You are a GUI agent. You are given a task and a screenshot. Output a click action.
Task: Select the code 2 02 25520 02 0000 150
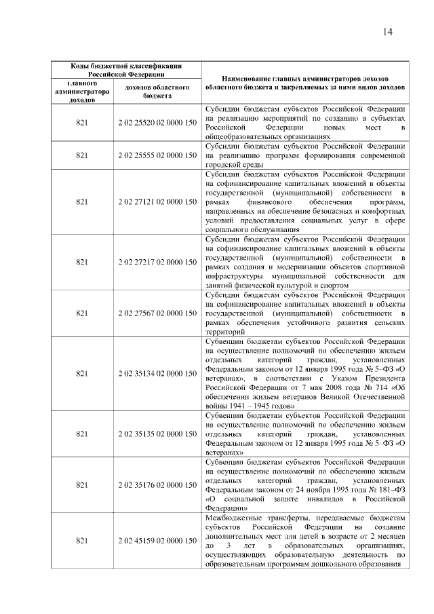(x=157, y=123)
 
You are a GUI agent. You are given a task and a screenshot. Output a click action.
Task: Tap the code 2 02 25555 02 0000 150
(x=157, y=155)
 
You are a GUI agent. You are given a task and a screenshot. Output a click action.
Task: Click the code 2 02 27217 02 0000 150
(x=157, y=262)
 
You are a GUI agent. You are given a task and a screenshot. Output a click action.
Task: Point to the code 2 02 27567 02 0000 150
(x=157, y=313)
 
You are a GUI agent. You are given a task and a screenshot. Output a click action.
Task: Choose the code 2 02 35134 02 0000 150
(x=157, y=373)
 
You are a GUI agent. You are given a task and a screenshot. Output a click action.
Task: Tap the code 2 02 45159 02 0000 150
(x=157, y=540)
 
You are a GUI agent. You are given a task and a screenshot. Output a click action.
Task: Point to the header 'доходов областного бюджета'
(x=157, y=92)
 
